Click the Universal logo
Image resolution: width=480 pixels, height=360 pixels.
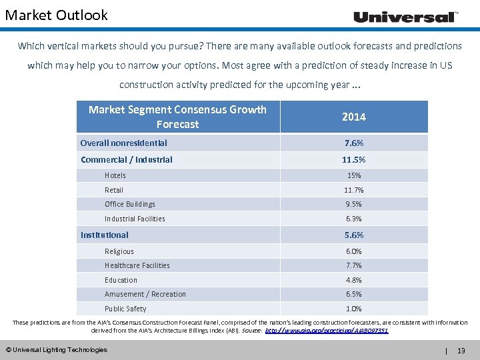pyautogui.click(x=405, y=17)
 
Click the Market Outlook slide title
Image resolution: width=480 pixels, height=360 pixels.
pyautogui.click(x=56, y=15)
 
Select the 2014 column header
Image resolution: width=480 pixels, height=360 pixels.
pyautogui.click(x=353, y=117)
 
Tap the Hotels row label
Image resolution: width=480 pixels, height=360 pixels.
pyautogui.click(x=115, y=175)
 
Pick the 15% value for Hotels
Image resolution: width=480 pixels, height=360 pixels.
pyautogui.click(x=353, y=175)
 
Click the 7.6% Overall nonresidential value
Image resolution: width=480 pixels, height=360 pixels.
pyautogui.click(x=353, y=143)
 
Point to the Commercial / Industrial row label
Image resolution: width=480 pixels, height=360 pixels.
pyautogui.click(x=127, y=159)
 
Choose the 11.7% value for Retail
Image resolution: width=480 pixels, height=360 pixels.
pyautogui.click(x=353, y=190)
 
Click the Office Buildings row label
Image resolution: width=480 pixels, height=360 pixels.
pyautogui.click(x=130, y=204)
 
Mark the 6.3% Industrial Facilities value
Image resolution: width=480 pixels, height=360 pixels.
pyautogui.click(x=353, y=219)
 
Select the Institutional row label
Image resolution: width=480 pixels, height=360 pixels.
pyautogui.click(x=105, y=235)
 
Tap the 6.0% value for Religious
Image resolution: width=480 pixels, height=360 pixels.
pyautogui.click(x=353, y=251)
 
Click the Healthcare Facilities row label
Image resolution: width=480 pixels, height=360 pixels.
pyautogui.click(x=137, y=265)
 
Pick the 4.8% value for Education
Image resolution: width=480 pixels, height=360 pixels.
pyautogui.click(x=353, y=280)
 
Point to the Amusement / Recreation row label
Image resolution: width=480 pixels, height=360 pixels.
pyautogui.click(x=145, y=294)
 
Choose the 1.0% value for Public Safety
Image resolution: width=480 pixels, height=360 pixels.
pyautogui.click(x=353, y=309)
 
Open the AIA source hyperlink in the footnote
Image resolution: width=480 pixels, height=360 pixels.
pyautogui.click(x=327, y=330)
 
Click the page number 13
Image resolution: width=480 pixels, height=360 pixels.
pyautogui.click(x=461, y=350)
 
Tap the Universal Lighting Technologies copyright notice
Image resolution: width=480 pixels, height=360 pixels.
pyautogui.click(x=56, y=349)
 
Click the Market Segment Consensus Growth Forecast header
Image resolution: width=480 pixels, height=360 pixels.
pyautogui.click(x=177, y=117)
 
